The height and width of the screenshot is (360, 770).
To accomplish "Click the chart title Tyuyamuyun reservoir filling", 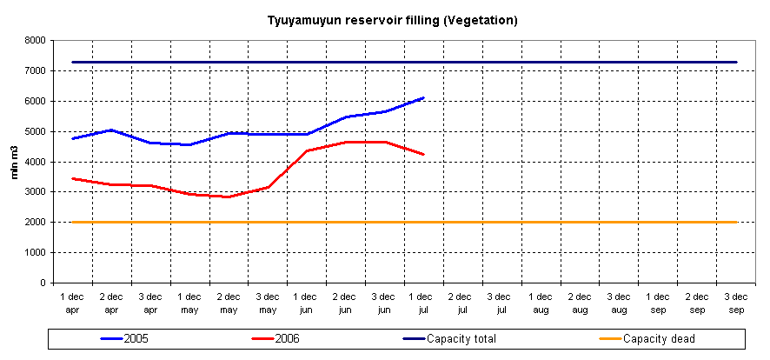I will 392,20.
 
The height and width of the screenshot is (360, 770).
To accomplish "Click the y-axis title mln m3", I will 15,162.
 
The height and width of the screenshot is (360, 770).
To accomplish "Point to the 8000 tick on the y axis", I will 36,40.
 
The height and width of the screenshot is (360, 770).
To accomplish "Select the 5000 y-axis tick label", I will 36,131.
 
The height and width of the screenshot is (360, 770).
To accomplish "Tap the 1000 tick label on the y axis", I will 36,253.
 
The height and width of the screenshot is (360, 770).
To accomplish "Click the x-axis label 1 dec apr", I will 72,303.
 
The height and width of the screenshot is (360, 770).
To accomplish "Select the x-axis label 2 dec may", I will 229,303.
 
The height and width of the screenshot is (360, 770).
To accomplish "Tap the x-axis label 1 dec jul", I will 423,303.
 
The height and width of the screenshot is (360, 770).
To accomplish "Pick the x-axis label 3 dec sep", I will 736,303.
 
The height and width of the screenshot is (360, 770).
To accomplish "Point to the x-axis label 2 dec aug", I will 580,303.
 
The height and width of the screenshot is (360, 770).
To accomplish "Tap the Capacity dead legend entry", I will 659,337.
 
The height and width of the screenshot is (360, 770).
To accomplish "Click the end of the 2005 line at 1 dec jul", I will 423,97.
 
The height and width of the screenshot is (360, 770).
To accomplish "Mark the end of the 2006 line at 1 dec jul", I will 423,154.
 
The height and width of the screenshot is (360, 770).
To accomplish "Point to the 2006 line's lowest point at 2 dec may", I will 229,197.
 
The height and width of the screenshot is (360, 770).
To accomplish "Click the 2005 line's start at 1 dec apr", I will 72,138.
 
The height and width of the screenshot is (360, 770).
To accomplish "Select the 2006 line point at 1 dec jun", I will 307,150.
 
